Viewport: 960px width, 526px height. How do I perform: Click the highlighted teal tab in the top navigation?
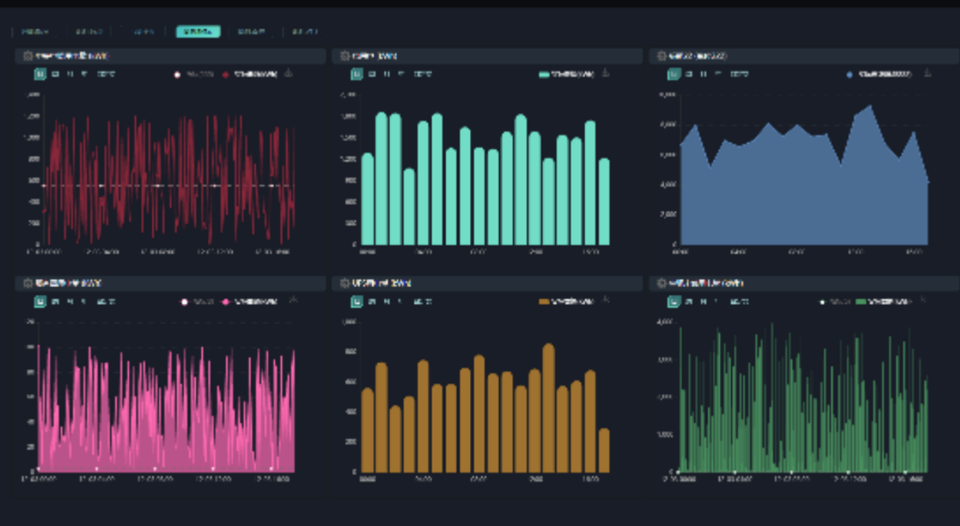198,31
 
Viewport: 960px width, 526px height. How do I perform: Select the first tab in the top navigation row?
34,31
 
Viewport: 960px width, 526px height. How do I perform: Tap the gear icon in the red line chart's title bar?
28,56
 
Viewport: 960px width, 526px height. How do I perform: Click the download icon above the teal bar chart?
605,73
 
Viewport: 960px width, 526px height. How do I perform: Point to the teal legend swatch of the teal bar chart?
545,74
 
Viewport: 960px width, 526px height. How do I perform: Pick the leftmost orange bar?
367,430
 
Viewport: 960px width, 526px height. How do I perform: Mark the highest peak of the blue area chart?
869,107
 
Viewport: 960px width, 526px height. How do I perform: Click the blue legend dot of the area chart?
849,74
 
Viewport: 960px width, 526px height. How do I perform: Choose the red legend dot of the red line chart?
226,74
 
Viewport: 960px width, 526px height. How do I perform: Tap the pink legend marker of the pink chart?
227,302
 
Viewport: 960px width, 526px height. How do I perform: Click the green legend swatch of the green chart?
860,302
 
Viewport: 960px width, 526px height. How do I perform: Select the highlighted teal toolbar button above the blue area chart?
674,74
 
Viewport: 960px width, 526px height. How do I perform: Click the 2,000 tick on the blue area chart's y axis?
666,214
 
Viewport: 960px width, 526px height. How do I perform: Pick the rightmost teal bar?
604,201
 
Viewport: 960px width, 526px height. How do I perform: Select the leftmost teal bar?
367,199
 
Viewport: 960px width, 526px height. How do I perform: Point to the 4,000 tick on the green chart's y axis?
666,322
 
